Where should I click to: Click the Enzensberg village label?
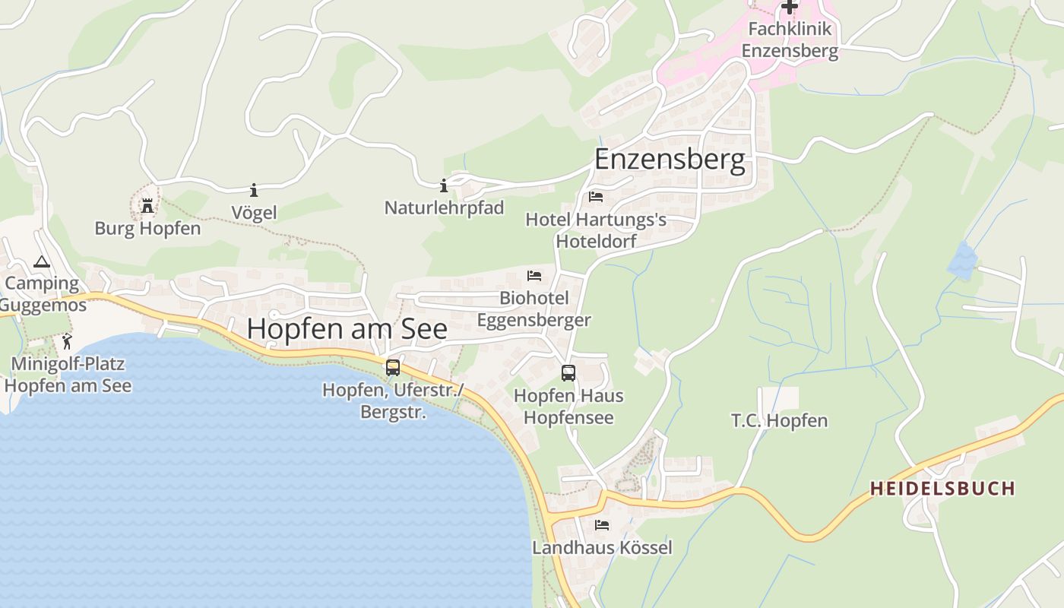tap(670, 160)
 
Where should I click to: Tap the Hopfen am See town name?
tap(347, 328)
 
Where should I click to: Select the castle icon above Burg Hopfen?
tap(147, 205)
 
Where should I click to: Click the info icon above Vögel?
tap(254, 190)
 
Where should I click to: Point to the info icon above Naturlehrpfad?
tap(444, 185)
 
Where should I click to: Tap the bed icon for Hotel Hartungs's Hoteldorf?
tap(596, 197)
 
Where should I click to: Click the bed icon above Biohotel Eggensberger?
tap(534, 275)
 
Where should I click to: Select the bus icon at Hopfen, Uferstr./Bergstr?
tap(392, 368)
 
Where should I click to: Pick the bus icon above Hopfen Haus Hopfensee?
tap(568, 373)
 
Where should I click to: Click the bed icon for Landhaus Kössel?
tap(602, 525)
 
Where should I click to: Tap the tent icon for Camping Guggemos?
tap(42, 262)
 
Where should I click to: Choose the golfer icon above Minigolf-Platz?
tap(67, 341)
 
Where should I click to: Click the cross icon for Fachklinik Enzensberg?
tap(790, 7)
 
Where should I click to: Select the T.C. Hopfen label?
tap(779, 420)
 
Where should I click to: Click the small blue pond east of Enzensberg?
tap(961, 261)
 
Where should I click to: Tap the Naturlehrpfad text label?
tap(444, 207)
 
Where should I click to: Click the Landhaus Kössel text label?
tap(602, 547)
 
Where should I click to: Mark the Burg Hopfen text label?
tap(147, 228)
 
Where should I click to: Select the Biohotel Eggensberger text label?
tap(534, 309)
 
